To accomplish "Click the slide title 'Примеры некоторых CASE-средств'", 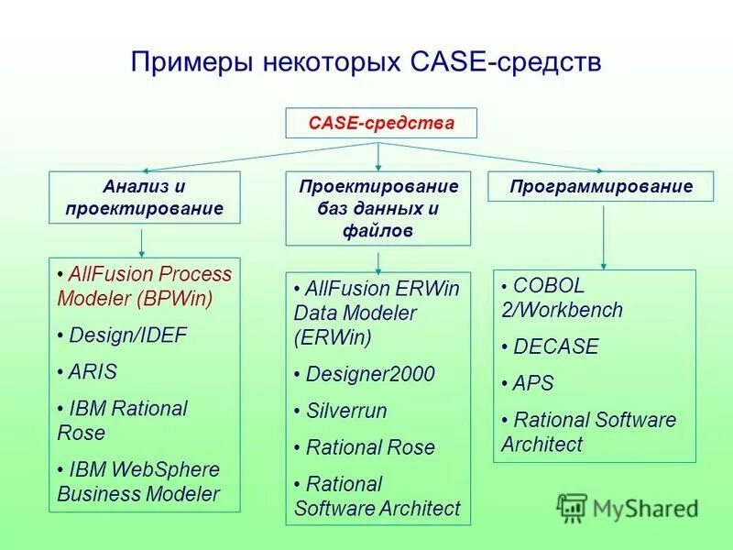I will (366, 63).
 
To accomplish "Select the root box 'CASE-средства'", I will (381, 123).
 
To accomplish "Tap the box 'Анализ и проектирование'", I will (144, 197).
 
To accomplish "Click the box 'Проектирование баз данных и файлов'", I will (378, 209).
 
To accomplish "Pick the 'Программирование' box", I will (602, 187).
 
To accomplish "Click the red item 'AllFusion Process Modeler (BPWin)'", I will (145, 285).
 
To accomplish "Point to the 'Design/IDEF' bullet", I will (127, 335).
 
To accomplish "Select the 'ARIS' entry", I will (93, 372).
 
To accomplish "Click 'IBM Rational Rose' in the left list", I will (122, 420).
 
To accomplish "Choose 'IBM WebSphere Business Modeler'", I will (139, 481).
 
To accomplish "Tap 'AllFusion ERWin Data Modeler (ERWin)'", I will (377, 313).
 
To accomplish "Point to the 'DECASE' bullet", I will (555, 346).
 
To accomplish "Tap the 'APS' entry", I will (533, 383).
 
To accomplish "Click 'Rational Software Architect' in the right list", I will (588, 432).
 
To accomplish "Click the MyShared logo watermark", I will (627, 506).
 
